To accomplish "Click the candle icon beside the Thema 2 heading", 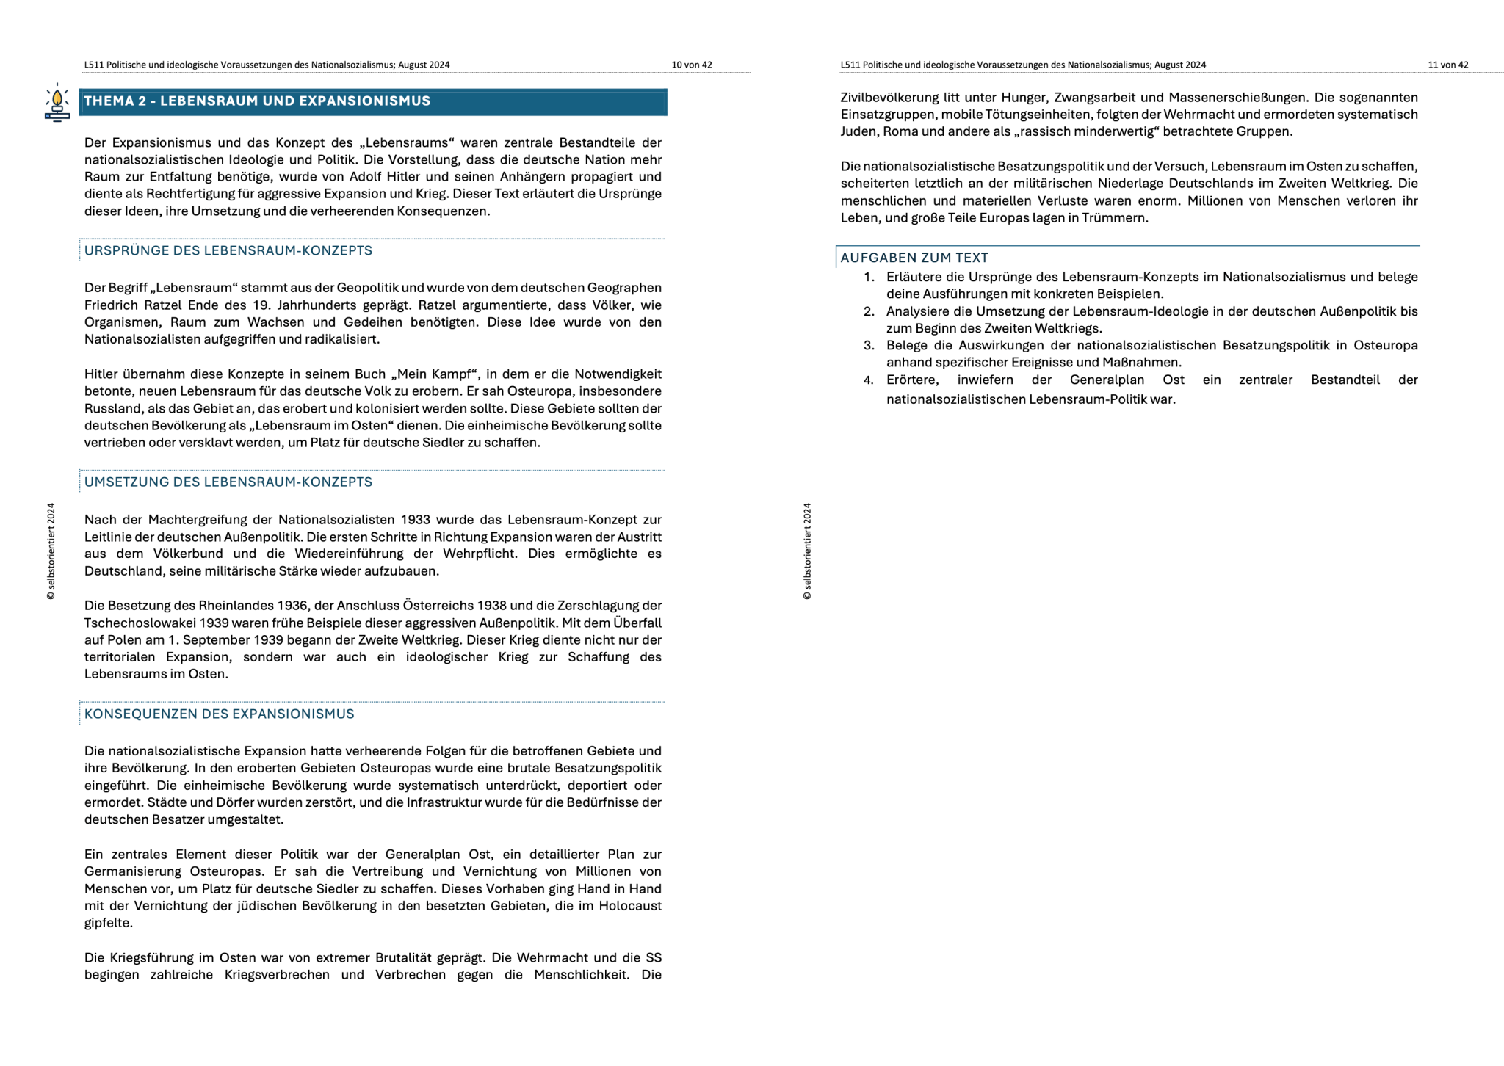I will (57, 102).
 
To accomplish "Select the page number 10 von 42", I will (691, 65).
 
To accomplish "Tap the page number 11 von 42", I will (1447, 65).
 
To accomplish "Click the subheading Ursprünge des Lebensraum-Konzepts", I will (228, 251).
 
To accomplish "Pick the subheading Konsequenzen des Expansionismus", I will (219, 714).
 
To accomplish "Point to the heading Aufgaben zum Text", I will (914, 258).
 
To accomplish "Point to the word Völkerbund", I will (188, 554).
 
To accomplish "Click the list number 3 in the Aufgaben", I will (869, 346).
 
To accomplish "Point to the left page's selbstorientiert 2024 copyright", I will (51, 551).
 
